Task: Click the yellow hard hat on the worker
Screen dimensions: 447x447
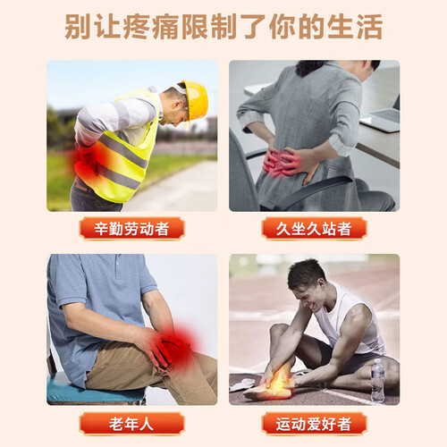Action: coord(195,100)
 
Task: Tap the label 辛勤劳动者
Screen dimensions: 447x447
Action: coord(131,229)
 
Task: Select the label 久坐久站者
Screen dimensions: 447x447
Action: coord(314,229)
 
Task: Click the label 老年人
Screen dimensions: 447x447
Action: coord(131,424)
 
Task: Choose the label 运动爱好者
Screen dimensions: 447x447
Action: coord(314,424)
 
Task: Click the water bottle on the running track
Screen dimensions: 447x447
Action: coord(377,381)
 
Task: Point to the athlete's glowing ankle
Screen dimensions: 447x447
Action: coord(279,382)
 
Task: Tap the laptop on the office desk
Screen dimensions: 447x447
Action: coord(382,119)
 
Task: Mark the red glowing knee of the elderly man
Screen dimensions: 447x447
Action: coord(176,347)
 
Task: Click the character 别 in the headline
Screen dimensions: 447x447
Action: coord(78,27)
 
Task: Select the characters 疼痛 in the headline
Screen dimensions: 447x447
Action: coord(151,27)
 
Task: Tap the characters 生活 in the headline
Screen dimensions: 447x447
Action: coord(355,27)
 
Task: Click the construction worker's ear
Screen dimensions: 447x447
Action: coord(179,104)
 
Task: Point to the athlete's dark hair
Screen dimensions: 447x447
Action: coord(306,273)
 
